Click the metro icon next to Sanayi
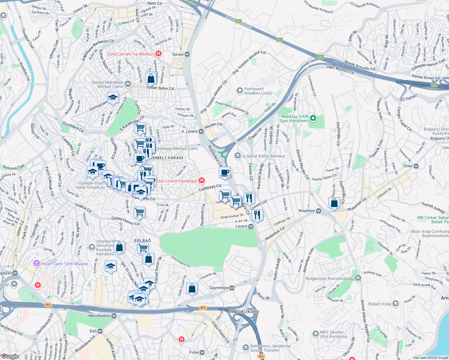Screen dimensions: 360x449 pos(187,54)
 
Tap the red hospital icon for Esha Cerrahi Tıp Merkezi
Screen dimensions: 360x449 pos(158,54)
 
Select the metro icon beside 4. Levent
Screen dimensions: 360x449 pos(201,131)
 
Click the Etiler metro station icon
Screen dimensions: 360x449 pos(416,166)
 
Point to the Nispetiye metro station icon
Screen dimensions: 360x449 pos(318,211)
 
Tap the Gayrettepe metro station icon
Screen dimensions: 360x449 pos(232,288)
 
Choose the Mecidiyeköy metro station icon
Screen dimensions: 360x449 pos(114,316)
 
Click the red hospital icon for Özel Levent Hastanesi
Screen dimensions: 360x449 pos(202,181)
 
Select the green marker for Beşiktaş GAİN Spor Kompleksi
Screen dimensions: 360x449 pos(313,118)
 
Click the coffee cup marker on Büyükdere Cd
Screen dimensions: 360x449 pos(224,172)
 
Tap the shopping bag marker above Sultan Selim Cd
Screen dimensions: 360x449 pos(151,79)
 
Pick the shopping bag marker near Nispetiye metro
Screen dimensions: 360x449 pos(334,203)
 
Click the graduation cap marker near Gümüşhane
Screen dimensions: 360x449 pos(113,97)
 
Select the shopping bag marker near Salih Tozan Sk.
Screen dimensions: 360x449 pos(192,289)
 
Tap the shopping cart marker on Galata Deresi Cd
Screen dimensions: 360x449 pos(140,212)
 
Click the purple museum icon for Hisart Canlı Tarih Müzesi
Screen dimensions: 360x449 pos(37,264)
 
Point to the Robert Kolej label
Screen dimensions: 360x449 pos(379,304)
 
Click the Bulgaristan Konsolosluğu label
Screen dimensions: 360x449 pos(330,278)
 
